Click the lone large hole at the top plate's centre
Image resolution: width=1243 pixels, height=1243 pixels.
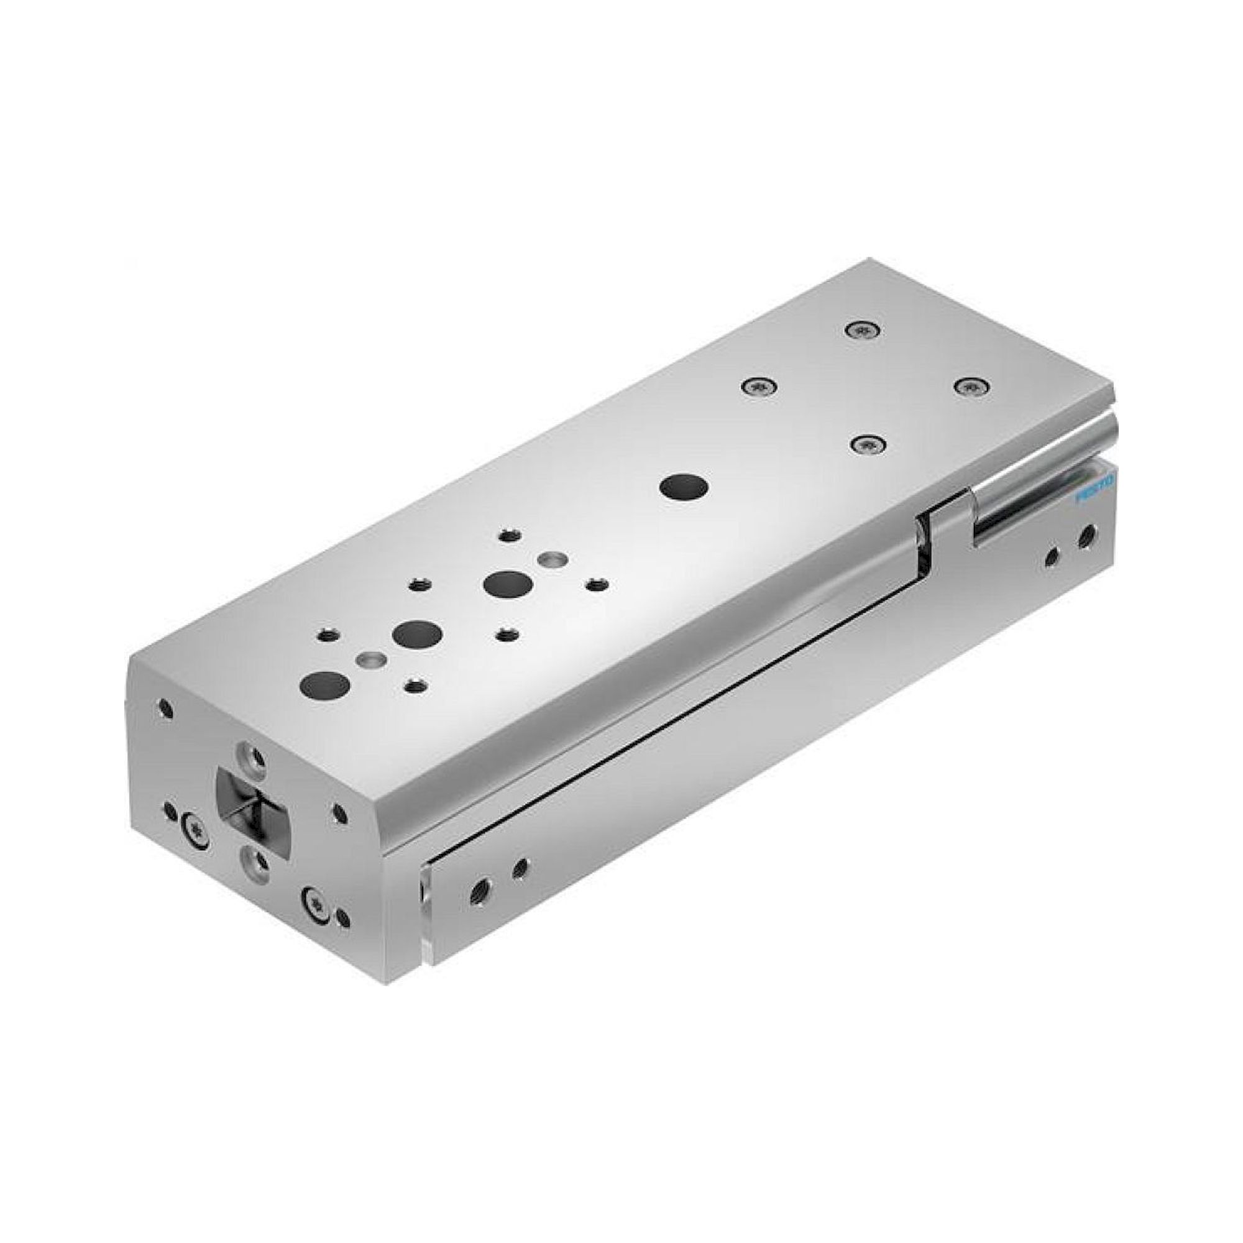point(683,486)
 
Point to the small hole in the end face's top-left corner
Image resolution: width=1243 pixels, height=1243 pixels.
point(166,710)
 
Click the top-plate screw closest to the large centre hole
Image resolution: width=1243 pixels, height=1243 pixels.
point(759,387)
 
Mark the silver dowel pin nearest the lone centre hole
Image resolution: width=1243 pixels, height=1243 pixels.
point(551,559)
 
